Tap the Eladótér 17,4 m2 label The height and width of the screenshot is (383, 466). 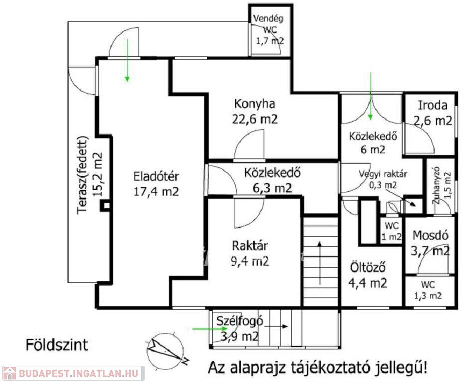[x=156, y=184]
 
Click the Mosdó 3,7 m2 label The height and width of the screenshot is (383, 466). [x=430, y=243]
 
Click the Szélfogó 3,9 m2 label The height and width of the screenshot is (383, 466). [x=239, y=329]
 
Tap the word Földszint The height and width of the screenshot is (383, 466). [x=57, y=345]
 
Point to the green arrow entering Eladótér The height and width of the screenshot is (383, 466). [x=127, y=60]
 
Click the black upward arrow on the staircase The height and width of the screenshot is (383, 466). [x=320, y=263]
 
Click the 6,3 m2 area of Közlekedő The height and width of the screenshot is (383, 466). [x=272, y=188]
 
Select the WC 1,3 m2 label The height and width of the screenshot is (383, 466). [x=428, y=290]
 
